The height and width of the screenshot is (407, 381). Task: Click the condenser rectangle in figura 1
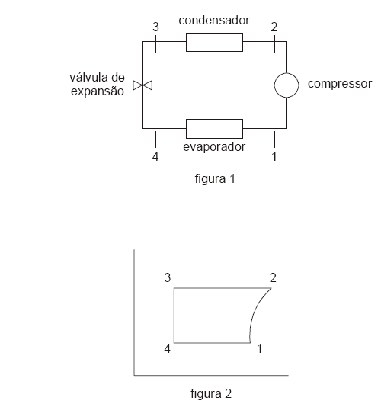click(214, 34)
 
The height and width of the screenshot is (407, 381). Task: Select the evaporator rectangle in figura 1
click(214, 120)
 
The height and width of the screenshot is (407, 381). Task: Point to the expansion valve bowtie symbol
click(142, 85)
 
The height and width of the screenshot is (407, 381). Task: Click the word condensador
click(214, 21)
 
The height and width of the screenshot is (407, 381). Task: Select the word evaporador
click(214, 147)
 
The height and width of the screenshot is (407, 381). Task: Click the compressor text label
click(340, 84)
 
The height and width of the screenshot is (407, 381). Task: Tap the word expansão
click(98, 91)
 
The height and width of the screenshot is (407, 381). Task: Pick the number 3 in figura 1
click(155, 27)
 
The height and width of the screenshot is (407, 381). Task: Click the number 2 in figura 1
click(274, 27)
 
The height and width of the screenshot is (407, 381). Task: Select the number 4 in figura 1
click(155, 156)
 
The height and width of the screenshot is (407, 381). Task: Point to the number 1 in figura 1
click(274, 156)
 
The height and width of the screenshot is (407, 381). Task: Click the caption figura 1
click(215, 179)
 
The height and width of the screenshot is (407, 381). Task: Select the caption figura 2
click(211, 393)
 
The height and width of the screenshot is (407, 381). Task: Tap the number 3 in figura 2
click(168, 278)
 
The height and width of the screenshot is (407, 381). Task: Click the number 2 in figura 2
click(273, 278)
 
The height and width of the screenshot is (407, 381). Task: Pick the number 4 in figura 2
click(168, 348)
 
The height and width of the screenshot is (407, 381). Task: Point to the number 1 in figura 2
click(259, 348)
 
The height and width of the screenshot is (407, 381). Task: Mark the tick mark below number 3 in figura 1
click(155, 43)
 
